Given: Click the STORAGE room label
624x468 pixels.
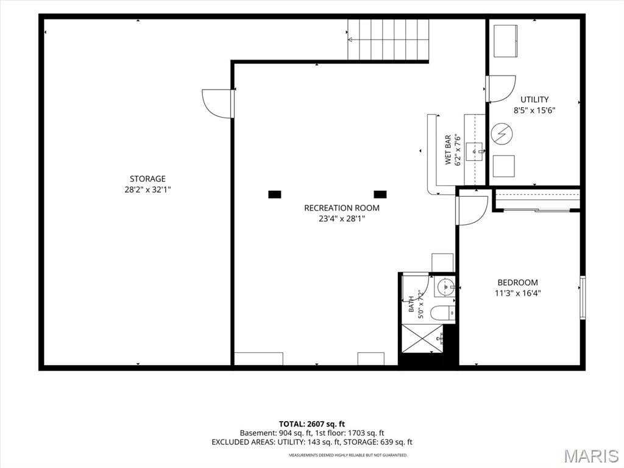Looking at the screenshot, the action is tap(147, 179).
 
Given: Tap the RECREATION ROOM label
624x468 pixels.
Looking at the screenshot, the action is tap(342, 208).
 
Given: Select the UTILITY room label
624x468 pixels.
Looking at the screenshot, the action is tap(534, 99).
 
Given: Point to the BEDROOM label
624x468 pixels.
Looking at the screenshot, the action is tap(518, 283).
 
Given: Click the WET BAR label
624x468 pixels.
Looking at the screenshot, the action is tap(448, 150).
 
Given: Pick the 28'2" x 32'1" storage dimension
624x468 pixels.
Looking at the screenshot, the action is tap(147, 190).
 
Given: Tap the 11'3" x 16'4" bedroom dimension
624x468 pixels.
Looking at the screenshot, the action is tap(518, 293).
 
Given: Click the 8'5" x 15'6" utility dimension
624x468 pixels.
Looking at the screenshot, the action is tap(534, 110).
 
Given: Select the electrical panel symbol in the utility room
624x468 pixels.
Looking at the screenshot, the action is tap(502, 133).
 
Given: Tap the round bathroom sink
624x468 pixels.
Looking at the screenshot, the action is tap(444, 286).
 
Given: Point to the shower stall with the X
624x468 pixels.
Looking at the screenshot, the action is tap(422, 338).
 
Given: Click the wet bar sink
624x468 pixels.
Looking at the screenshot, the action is tap(474, 151).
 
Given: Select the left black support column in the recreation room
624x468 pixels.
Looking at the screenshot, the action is tap(275, 194).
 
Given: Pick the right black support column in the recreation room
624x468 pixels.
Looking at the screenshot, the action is tap(380, 194).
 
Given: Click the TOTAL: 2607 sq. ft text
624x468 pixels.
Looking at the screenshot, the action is tap(312, 424).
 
